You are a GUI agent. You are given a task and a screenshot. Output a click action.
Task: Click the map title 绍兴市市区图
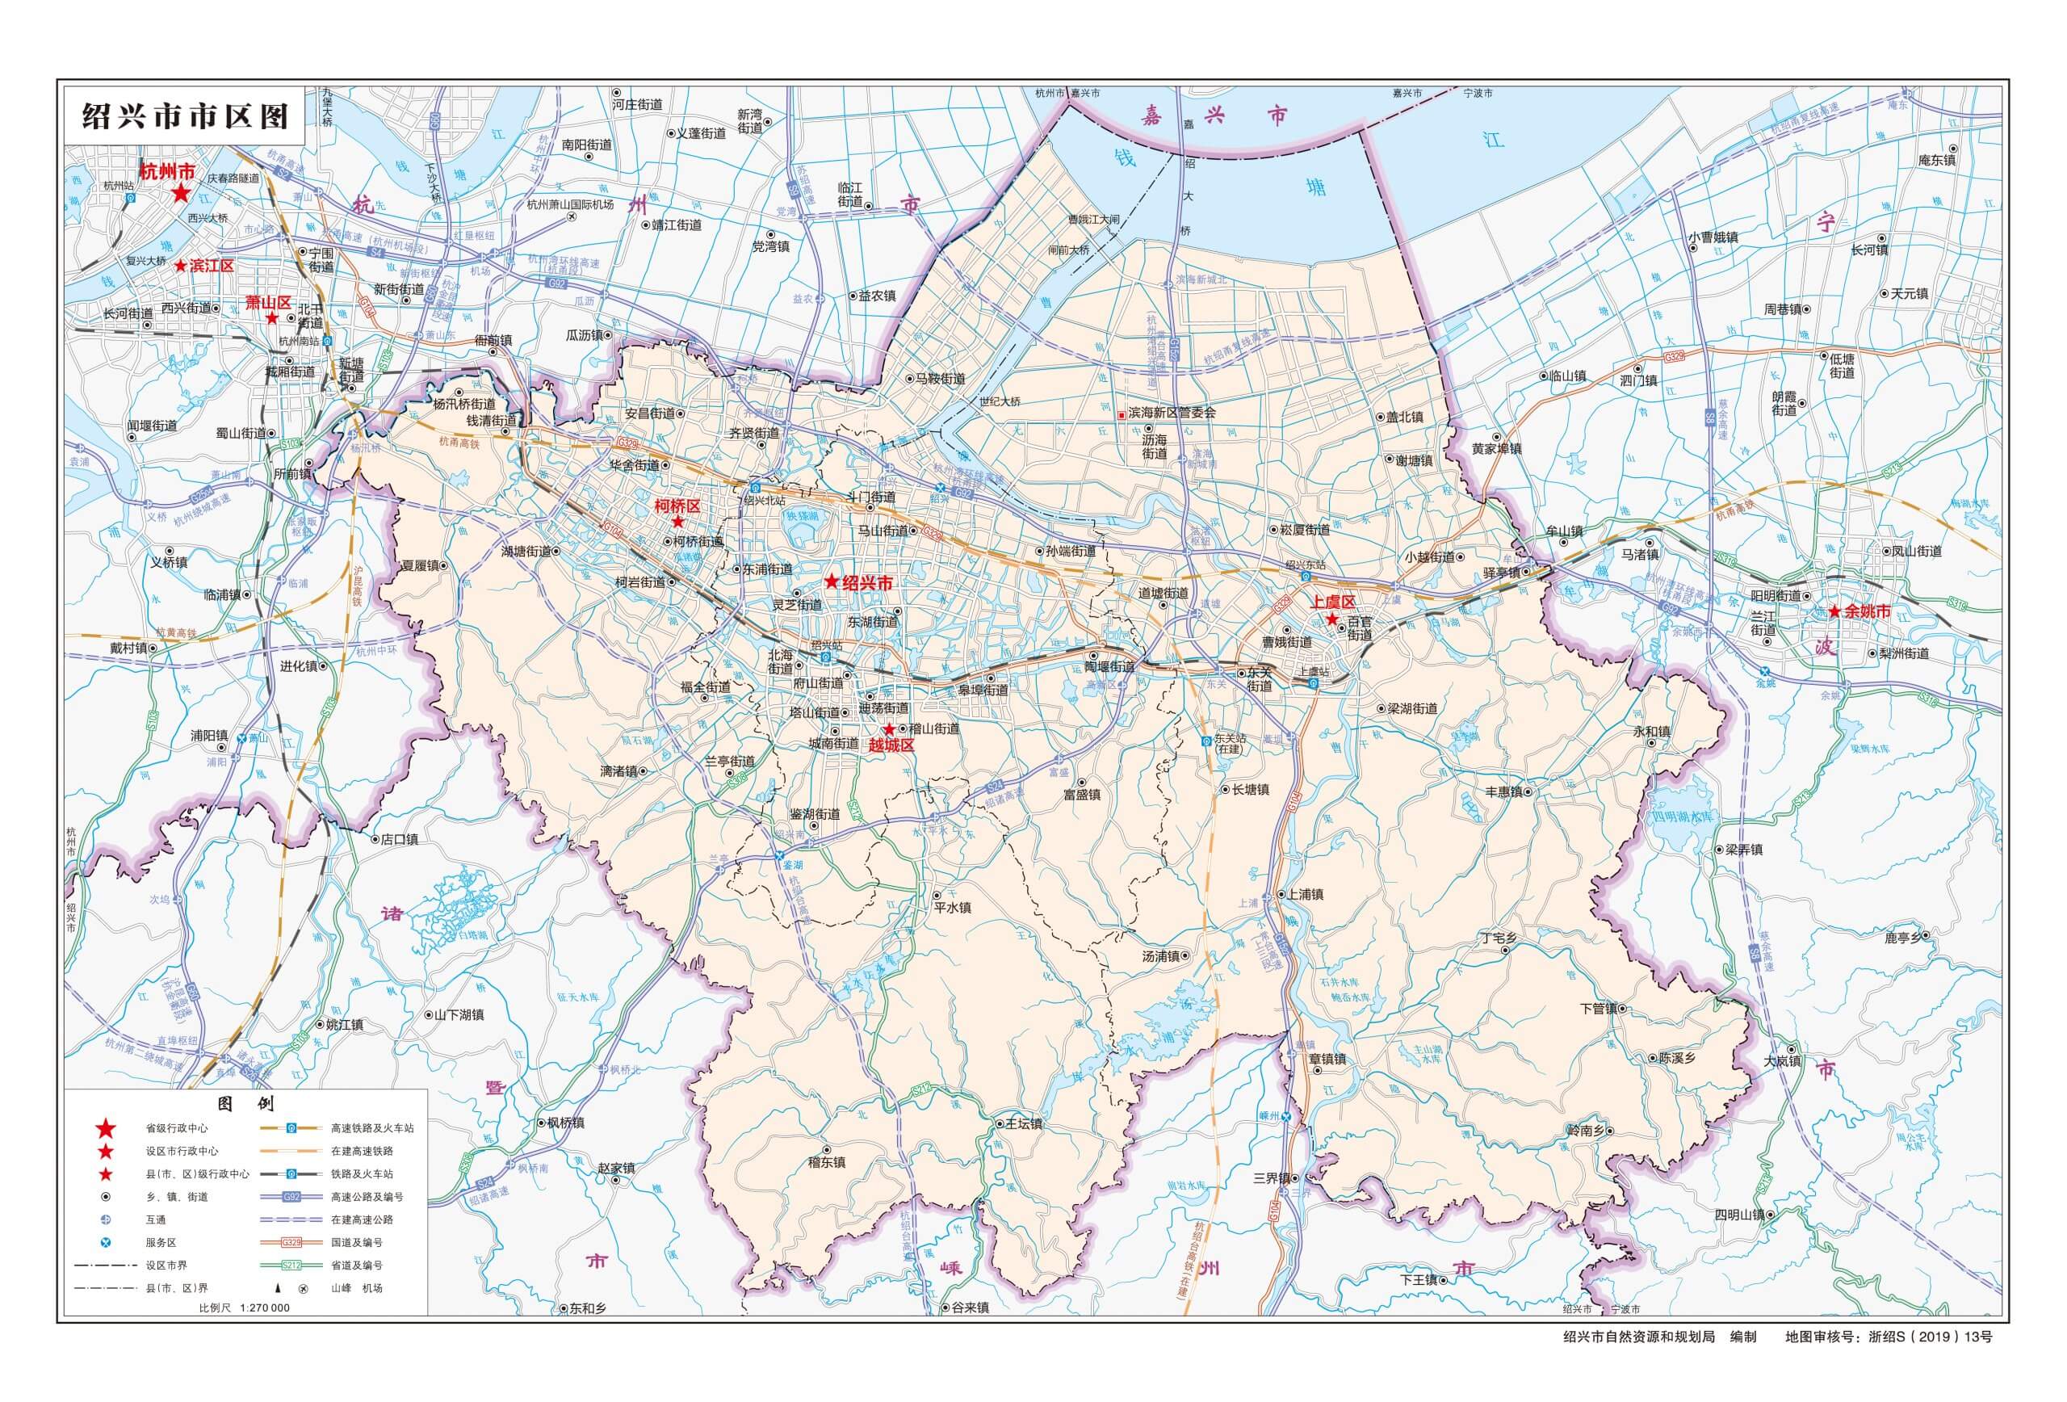(185, 116)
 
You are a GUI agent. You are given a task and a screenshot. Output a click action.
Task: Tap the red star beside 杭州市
(181, 193)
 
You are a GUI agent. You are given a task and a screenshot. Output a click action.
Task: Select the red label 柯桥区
(677, 506)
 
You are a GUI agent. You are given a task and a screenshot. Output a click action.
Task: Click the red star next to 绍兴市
(831, 581)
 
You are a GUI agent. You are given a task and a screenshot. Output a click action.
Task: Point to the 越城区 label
(891, 745)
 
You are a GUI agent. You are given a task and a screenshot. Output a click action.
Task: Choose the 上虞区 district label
(1332, 602)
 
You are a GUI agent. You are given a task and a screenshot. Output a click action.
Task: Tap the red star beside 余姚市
(1834, 612)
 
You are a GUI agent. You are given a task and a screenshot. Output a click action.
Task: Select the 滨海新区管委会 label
(1172, 413)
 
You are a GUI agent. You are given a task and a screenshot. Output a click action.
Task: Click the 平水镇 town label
(952, 909)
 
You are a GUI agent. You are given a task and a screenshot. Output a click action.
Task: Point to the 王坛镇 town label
(1023, 1123)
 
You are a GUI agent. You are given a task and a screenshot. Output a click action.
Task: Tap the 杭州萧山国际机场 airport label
(570, 204)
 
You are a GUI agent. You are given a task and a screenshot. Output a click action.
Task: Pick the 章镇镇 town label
(1327, 1060)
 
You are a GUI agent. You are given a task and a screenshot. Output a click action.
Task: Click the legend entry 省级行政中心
(177, 1128)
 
